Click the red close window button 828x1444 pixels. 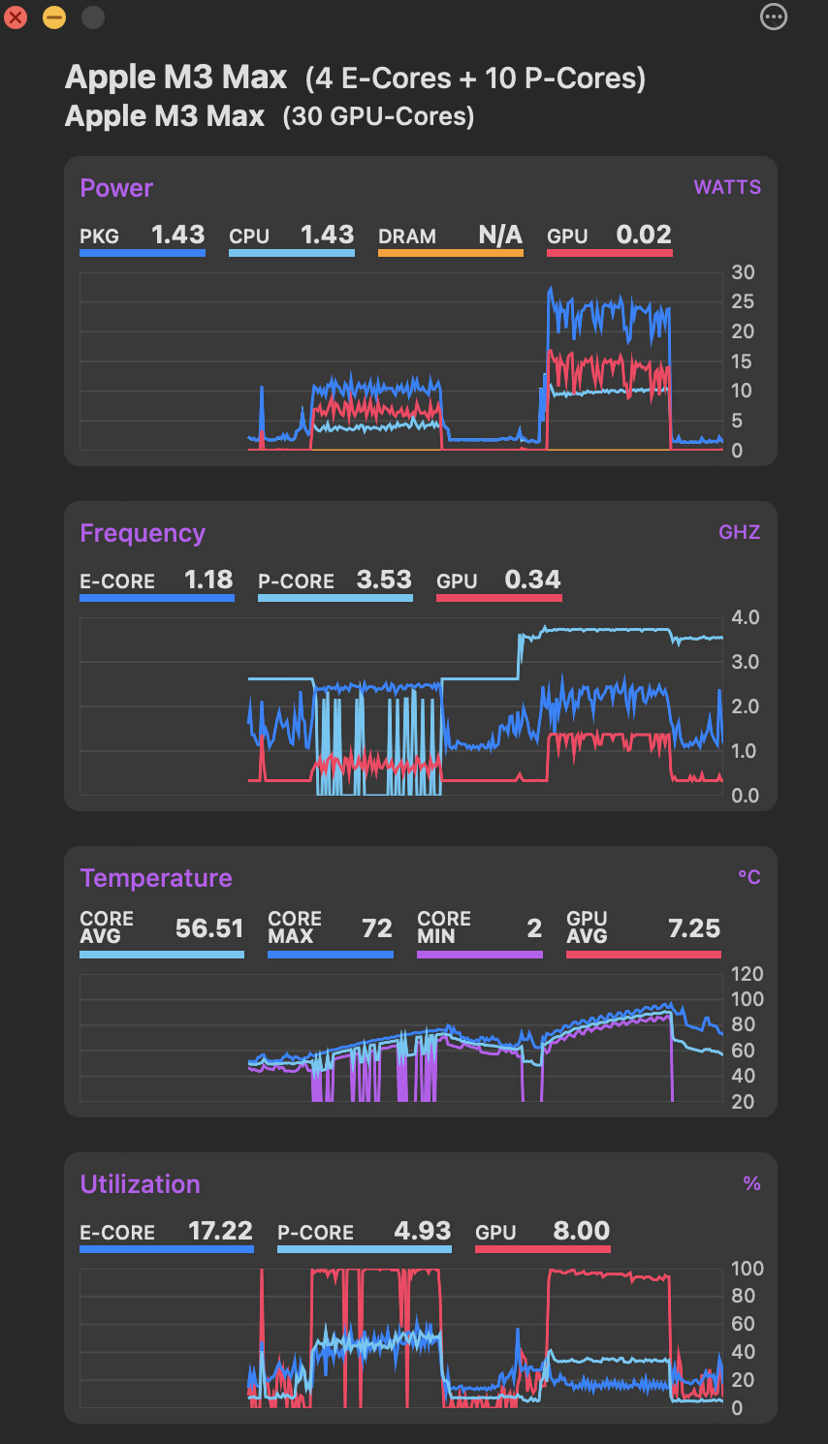click(x=16, y=17)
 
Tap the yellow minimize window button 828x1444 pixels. click(x=54, y=17)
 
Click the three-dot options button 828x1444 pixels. click(x=774, y=16)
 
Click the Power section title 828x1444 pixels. click(x=116, y=188)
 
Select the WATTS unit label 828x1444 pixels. click(x=727, y=188)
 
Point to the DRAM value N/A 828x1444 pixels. click(x=500, y=235)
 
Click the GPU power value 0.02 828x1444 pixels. click(x=644, y=235)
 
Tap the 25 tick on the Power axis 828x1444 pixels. click(x=742, y=301)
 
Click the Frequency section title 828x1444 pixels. click(x=143, y=533)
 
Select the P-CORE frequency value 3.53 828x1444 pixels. click(x=384, y=580)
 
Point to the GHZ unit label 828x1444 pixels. click(x=739, y=533)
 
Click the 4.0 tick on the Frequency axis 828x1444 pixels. click(x=745, y=617)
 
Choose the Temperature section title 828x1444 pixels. click(x=156, y=878)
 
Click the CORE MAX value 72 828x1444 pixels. click(x=376, y=928)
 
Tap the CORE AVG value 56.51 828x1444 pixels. click(x=209, y=928)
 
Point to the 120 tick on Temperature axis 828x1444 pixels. click(x=747, y=974)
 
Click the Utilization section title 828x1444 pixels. click(x=140, y=1184)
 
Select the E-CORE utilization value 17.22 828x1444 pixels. click(x=220, y=1231)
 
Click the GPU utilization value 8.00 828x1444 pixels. click(x=582, y=1231)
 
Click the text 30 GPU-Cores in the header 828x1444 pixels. click(x=378, y=117)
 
